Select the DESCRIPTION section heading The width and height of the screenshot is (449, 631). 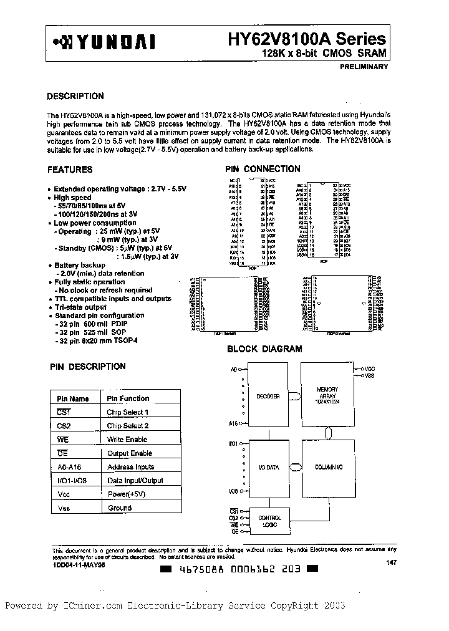(75, 97)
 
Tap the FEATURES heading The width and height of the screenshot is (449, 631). (70, 169)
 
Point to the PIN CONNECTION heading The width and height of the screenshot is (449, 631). (263, 169)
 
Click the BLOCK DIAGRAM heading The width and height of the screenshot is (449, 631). (264, 349)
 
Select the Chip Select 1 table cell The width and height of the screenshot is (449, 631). (127, 412)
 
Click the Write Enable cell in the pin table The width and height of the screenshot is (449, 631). (127, 440)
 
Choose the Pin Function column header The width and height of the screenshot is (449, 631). (128, 398)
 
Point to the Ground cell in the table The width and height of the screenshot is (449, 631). (119, 508)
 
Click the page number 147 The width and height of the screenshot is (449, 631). (391, 563)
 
